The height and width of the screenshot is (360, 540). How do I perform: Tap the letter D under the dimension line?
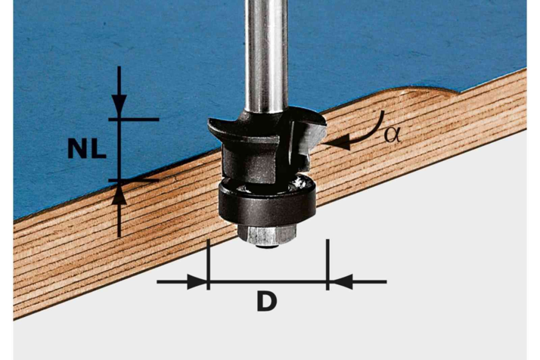point(267,301)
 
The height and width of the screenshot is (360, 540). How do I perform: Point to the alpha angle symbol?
point(393,135)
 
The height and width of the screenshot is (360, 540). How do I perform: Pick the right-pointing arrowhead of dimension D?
point(197,282)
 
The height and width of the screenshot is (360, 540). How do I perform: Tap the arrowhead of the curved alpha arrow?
point(337,143)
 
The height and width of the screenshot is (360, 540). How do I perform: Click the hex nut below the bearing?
point(267,235)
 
